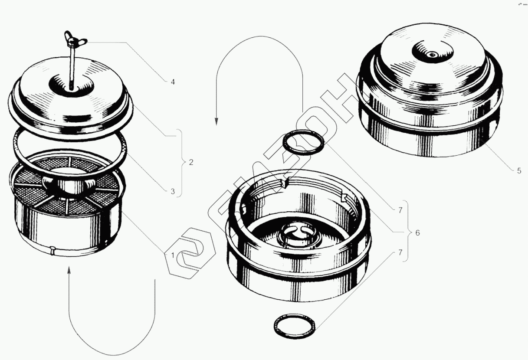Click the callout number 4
(x=173, y=82)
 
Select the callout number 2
(x=191, y=162)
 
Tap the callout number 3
(x=173, y=192)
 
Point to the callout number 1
(x=173, y=255)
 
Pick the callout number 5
(x=519, y=171)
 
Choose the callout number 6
(x=417, y=233)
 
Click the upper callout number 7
(x=400, y=210)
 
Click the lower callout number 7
(x=400, y=253)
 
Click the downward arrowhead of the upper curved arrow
(x=216, y=121)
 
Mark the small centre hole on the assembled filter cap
(x=432, y=55)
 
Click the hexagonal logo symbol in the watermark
(x=190, y=253)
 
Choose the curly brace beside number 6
(x=406, y=231)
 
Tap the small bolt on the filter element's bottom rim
(x=52, y=250)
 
